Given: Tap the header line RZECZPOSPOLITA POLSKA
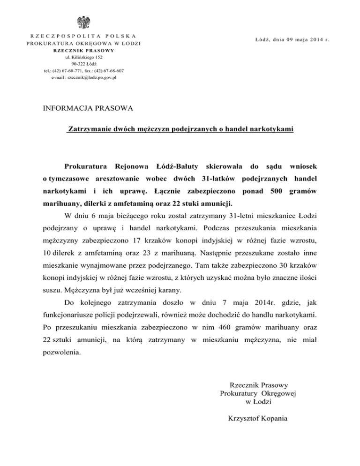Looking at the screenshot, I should click(83, 36).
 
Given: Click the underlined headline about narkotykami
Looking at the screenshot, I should click(180, 128).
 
